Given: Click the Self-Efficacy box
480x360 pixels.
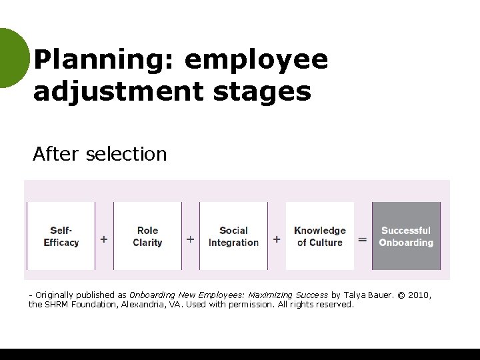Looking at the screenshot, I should pyautogui.click(x=61, y=236).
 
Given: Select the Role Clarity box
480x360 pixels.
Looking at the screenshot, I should pyautogui.click(x=147, y=236).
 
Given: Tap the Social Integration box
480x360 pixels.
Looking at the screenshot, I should pyautogui.click(x=233, y=236).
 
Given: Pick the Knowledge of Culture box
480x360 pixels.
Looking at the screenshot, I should pyautogui.click(x=320, y=236).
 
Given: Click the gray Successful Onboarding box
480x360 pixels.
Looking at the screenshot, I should pyautogui.click(x=406, y=236).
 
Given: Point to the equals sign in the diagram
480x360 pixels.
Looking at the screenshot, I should pyautogui.click(x=362, y=239).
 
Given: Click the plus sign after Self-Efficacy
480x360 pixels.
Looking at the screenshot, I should pyautogui.click(x=104, y=239).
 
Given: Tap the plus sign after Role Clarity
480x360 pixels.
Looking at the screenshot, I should pyautogui.click(x=191, y=239).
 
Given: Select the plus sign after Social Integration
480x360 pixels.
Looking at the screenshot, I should pyautogui.click(x=277, y=239).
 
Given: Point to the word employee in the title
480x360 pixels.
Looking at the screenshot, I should pyautogui.click(x=256, y=60).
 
